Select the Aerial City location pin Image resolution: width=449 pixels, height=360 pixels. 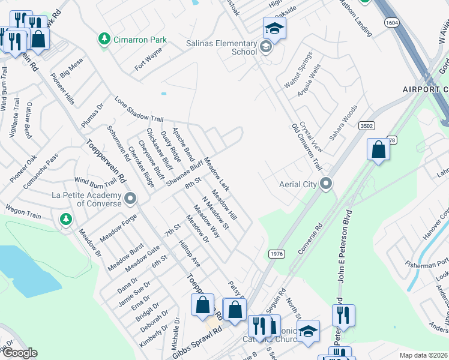pos(326,184)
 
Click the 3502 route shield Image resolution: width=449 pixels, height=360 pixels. pos(367,126)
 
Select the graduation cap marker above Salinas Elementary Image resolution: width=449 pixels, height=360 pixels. pos(274,28)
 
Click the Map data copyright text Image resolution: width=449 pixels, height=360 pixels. pos(423,355)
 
